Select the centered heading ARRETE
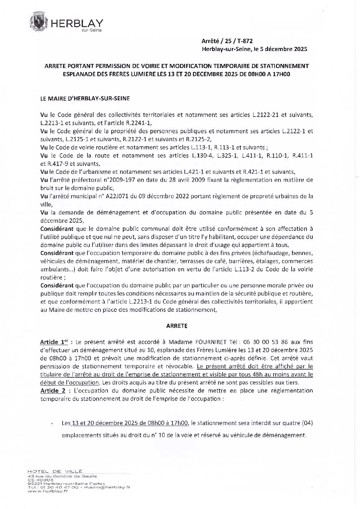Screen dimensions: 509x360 pyautogui.click(x=177, y=325)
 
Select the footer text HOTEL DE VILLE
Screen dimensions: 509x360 pyautogui.click(x=55, y=471)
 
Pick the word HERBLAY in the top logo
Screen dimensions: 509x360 pyautogui.click(x=77, y=23)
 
